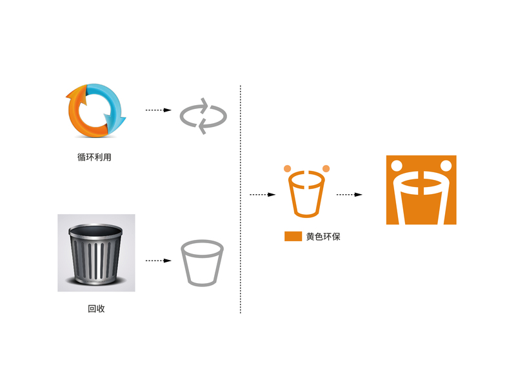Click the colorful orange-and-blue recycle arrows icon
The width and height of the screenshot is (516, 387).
pos(95,110)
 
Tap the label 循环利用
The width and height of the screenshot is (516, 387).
pos(94,157)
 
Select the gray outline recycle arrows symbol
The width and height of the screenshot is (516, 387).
pos(203,115)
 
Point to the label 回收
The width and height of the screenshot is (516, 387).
pos(96,309)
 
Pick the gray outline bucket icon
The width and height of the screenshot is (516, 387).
pos(203,262)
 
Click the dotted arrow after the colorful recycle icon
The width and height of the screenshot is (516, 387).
pos(158,110)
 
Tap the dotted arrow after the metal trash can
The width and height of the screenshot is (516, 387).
pos(158,261)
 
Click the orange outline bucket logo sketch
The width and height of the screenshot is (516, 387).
pos(306,193)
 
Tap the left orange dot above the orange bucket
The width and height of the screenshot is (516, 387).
pos(287,169)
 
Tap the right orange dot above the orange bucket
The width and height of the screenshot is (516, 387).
pos(326,169)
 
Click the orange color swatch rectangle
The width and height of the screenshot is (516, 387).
pos(293,236)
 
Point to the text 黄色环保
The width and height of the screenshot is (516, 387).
pos(323,237)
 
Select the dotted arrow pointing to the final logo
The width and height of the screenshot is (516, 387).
pos(349,193)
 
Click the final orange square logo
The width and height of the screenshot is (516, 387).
pos(421,190)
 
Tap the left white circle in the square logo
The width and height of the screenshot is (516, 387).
pos(397,164)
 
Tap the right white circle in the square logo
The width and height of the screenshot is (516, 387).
pos(445,164)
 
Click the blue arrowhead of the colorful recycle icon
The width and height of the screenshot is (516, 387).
pos(121,119)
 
